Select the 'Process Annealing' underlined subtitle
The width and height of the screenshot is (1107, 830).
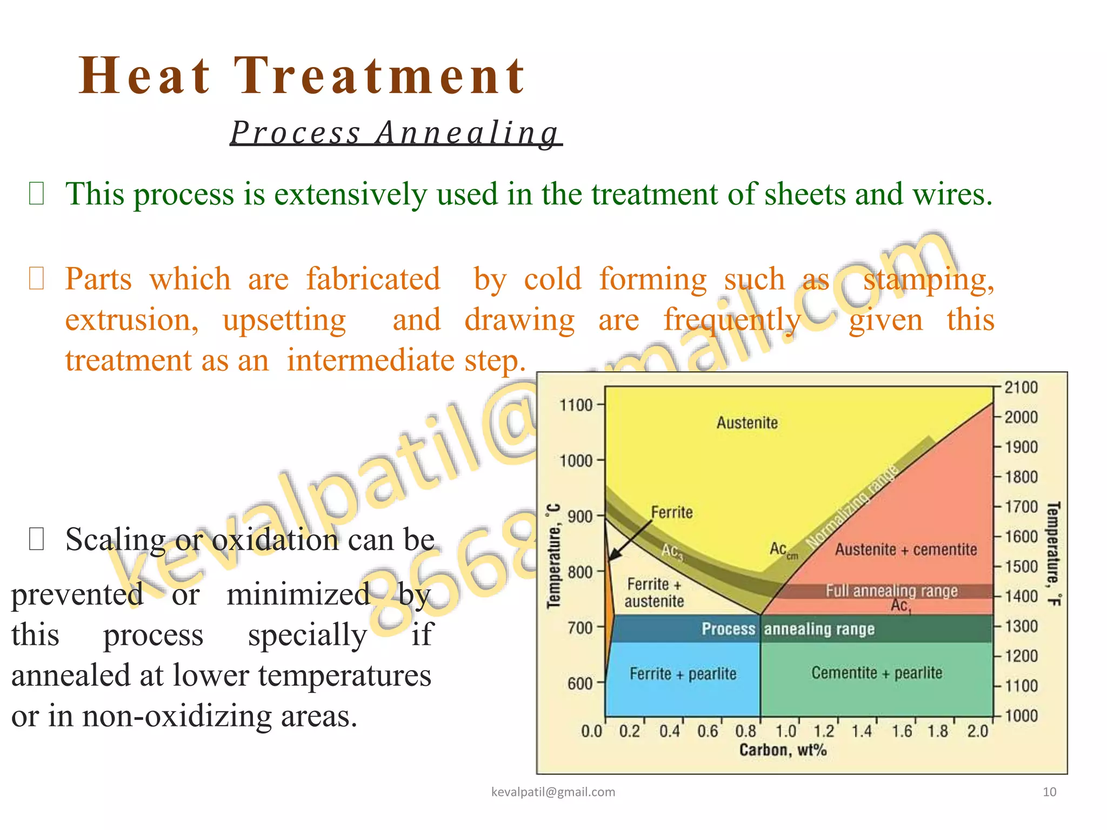[x=396, y=133]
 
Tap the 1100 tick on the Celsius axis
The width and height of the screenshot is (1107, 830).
[x=576, y=405]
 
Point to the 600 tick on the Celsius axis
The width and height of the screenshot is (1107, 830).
[x=579, y=684]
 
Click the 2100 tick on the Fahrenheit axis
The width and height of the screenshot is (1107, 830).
[x=1021, y=387]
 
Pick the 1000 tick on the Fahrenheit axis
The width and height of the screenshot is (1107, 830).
[x=1021, y=715]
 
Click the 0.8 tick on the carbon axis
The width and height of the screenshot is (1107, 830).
[x=746, y=731]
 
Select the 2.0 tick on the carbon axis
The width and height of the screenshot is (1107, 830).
[x=978, y=731]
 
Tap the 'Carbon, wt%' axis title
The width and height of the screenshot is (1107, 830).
[x=783, y=750]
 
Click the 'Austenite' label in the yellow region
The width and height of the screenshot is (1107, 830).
[x=747, y=423]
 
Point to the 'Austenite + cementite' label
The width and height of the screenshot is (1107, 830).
[x=906, y=550]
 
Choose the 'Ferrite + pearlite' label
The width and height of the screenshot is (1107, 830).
[x=683, y=674]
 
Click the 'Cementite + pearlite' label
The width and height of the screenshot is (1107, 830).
[x=877, y=673]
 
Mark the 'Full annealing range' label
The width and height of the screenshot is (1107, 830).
[x=891, y=591]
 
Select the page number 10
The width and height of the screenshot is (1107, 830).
[x=1049, y=792]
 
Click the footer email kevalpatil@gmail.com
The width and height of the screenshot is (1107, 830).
[x=553, y=792]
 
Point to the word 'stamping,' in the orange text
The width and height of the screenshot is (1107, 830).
[x=928, y=280]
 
